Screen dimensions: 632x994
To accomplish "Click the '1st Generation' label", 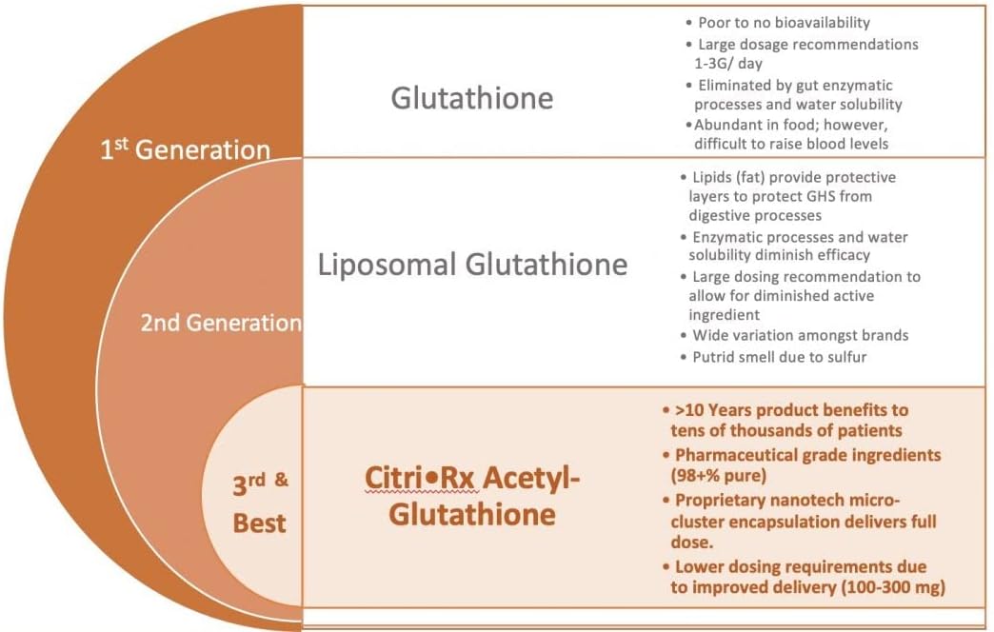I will (185, 149).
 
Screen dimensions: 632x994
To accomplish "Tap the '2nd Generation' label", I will (221, 323).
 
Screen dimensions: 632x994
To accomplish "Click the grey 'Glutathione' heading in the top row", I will (472, 98).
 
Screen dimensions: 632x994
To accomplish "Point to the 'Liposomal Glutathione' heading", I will (472, 264).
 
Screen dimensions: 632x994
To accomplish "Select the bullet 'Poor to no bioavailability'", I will (784, 22).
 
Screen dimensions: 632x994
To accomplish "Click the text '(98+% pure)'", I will (720, 475).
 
